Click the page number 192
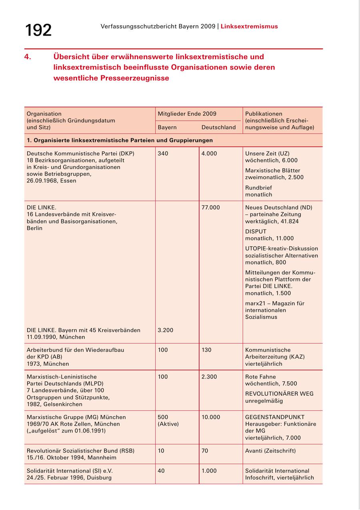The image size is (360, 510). [38, 30]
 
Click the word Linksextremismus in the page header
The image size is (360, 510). [249, 26]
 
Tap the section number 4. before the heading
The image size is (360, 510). [28, 57]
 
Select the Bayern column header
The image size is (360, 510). [167, 127]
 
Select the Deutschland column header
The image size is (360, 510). [218, 127]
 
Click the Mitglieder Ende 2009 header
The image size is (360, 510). [187, 114]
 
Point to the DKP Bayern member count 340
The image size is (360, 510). [163, 153]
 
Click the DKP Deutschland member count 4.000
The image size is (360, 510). [209, 153]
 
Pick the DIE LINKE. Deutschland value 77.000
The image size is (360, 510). [211, 207]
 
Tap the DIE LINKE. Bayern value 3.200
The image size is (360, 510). [165, 330]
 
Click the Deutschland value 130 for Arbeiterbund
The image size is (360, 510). [206, 350]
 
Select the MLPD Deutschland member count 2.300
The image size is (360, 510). [209, 377]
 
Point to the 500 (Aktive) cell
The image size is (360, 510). [168, 420]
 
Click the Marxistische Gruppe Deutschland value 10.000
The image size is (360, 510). [211, 417]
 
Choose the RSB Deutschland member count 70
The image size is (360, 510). [205, 451]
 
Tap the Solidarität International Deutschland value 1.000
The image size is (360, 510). [209, 471]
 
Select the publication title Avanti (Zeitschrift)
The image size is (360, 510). [270, 451]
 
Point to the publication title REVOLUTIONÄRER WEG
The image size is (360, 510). [279, 394]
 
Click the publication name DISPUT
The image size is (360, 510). [256, 231]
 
